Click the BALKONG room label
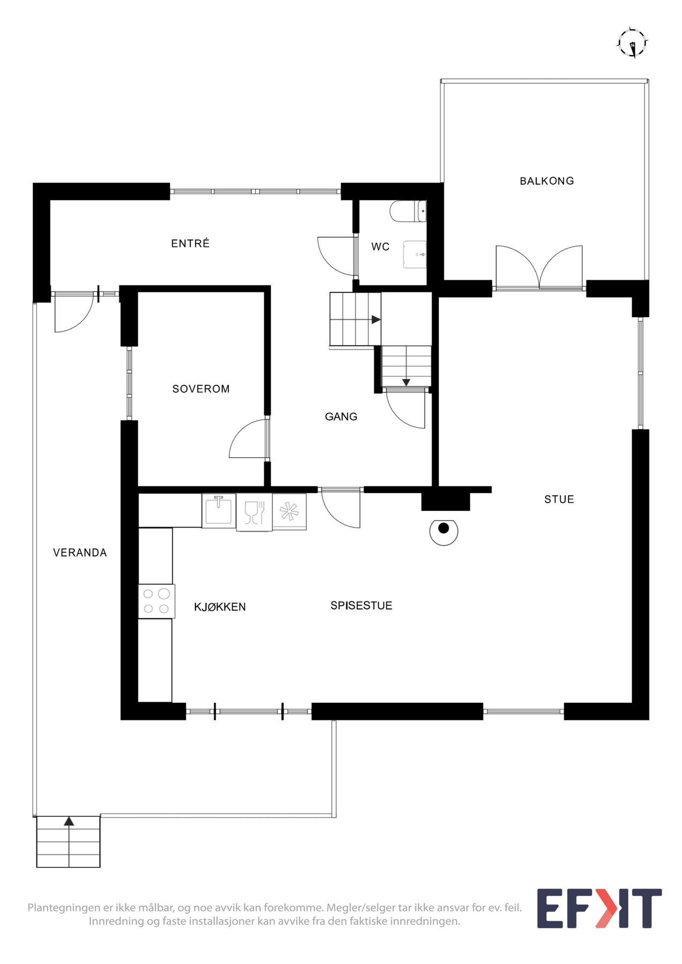[546, 181]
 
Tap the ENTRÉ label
[190, 244]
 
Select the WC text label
[380, 247]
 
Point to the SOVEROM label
[201, 389]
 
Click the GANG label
[341, 417]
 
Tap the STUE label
[559, 500]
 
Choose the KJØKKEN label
[220, 607]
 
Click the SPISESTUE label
[361, 606]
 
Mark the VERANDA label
[80, 553]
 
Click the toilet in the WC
[407, 212]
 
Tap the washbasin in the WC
[415, 254]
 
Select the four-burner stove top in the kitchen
[156, 601]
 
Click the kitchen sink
[219, 510]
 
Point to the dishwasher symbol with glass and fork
[254, 512]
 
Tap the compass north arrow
[633, 43]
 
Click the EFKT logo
[599, 909]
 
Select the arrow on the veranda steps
[69, 822]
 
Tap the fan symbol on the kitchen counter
[289, 511]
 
